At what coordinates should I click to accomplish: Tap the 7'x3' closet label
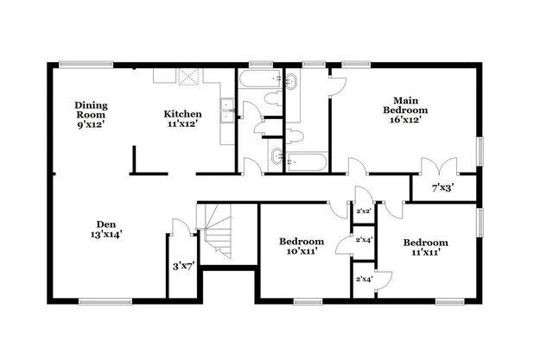[442, 186]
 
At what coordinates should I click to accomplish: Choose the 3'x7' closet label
[183, 266]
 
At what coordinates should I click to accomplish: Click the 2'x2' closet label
[363, 211]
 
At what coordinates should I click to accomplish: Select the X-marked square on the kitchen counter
[188, 76]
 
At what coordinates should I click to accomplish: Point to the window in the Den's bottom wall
[105, 300]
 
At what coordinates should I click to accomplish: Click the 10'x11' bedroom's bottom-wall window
[308, 300]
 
